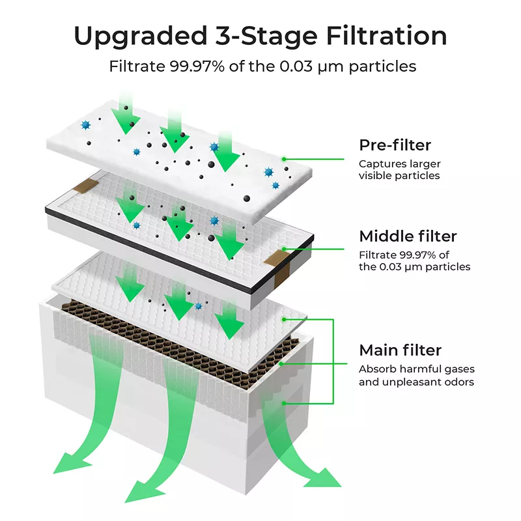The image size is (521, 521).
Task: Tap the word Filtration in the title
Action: [x=379, y=36]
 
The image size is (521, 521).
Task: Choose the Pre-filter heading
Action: [x=395, y=145]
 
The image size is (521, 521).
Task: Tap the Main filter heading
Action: [x=400, y=350]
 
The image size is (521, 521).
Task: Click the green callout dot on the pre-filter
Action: [x=284, y=158]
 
